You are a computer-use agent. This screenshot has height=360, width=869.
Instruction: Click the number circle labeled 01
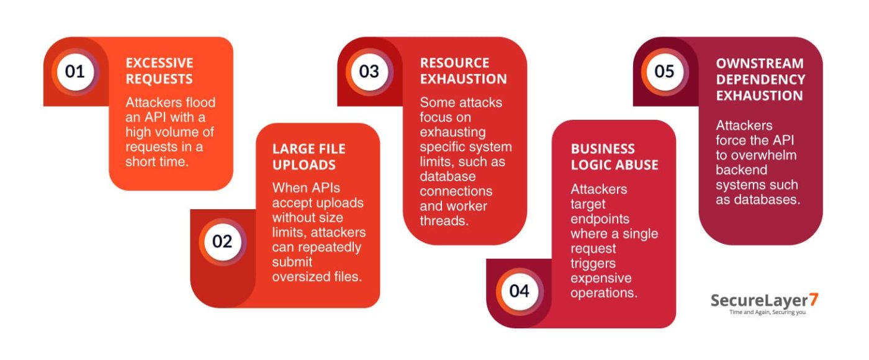(x=75, y=72)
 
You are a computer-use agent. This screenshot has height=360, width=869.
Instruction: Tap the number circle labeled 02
(x=222, y=241)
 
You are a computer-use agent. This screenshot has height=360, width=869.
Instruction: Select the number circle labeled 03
(x=369, y=72)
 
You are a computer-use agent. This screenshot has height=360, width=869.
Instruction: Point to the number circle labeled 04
(x=520, y=291)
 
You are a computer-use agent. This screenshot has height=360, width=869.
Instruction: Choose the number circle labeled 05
(x=665, y=72)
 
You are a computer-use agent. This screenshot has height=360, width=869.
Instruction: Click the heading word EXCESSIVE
(x=160, y=63)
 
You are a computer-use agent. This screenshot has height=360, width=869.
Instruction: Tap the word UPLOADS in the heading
(x=304, y=165)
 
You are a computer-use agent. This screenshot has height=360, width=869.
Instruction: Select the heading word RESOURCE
(x=454, y=63)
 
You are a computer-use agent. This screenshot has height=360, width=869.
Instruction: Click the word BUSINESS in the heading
(x=603, y=149)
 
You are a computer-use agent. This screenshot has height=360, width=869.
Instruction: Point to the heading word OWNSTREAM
(x=760, y=63)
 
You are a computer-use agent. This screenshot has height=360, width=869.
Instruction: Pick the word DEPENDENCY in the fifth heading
(x=760, y=79)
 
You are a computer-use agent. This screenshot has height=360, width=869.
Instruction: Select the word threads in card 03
(x=444, y=221)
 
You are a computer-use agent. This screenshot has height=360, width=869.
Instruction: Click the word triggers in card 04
(x=593, y=264)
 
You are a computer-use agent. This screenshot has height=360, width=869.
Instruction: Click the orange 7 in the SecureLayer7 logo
(x=814, y=300)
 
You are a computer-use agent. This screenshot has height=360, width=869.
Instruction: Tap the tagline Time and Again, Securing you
(x=767, y=312)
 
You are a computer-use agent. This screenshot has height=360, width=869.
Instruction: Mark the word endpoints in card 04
(x=600, y=219)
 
